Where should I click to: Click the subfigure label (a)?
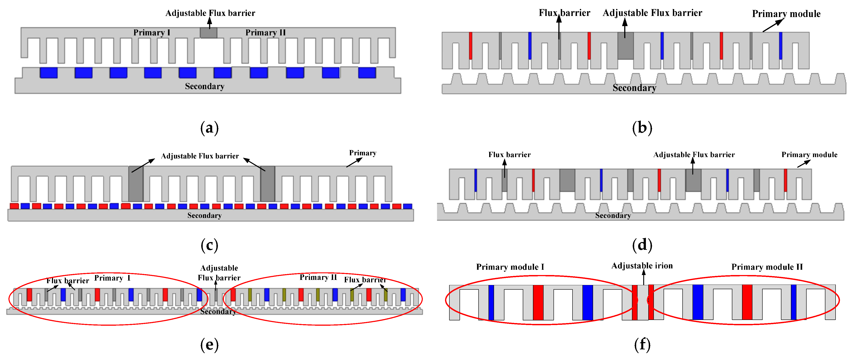click(x=209, y=128)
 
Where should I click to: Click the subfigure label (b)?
click(x=642, y=128)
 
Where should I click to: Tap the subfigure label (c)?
click(x=209, y=245)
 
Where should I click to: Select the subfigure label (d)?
click(x=642, y=245)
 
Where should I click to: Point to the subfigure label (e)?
click(x=209, y=345)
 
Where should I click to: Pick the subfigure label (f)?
click(x=642, y=345)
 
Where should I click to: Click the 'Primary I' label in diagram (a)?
click(x=152, y=33)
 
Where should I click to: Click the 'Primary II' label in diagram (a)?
click(x=265, y=33)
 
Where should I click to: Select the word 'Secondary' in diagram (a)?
click(x=204, y=86)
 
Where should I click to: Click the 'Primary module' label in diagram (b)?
click(x=786, y=14)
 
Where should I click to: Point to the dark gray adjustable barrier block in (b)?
click(x=625, y=46)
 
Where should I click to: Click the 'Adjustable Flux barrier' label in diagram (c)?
click(x=200, y=156)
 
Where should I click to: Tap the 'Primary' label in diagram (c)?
click(x=363, y=153)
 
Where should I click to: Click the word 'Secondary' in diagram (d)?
click(x=613, y=216)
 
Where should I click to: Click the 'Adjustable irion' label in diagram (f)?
click(x=642, y=266)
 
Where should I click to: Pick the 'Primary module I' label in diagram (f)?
click(x=510, y=267)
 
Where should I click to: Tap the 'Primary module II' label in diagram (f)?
click(x=767, y=267)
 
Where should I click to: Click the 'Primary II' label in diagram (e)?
click(x=318, y=277)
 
